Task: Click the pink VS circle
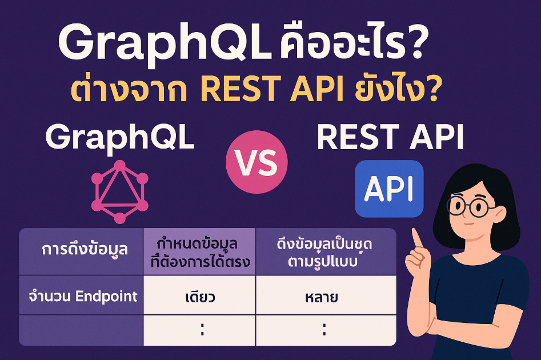(x=257, y=162)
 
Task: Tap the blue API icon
(x=389, y=189)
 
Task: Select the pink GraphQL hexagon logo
(x=120, y=191)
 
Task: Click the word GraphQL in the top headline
(x=165, y=43)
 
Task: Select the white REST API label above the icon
(x=390, y=137)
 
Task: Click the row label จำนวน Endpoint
(x=83, y=296)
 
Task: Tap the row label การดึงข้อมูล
(x=85, y=250)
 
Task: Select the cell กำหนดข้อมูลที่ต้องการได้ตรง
(x=200, y=252)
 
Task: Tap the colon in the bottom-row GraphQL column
(x=202, y=329)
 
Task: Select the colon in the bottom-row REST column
(x=324, y=329)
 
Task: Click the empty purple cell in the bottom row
(x=81, y=330)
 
